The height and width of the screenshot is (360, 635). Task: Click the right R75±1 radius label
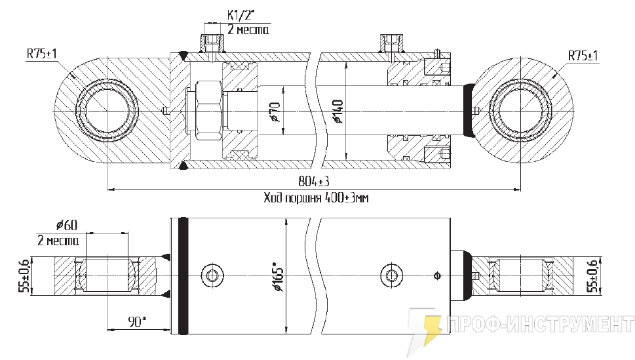click(583, 55)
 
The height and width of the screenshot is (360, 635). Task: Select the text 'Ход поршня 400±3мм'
click(316, 197)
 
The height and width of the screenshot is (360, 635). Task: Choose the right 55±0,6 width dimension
click(594, 276)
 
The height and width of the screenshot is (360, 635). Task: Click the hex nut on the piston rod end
click(208, 110)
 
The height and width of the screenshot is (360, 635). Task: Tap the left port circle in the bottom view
click(212, 275)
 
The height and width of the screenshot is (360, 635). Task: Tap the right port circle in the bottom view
click(391, 275)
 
